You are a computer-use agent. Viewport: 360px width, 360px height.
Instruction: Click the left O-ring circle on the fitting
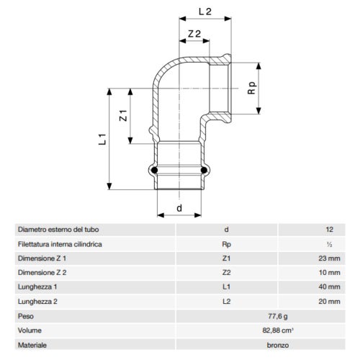click(153, 171)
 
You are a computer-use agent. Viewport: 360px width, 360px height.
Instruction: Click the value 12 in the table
click(329, 229)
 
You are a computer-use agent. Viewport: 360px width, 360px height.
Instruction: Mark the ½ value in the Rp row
click(330, 243)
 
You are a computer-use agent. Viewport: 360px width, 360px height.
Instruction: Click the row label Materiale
click(32, 345)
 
